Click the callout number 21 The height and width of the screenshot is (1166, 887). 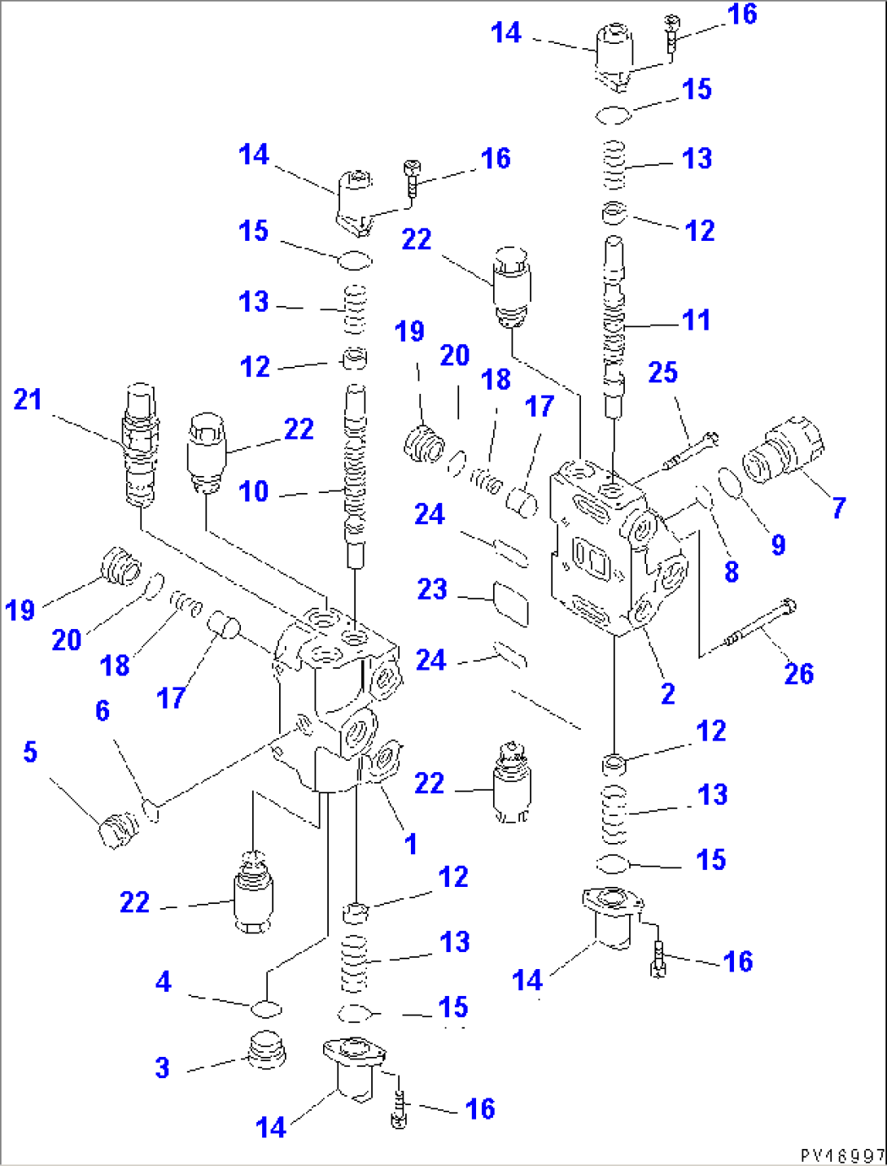[x=27, y=400]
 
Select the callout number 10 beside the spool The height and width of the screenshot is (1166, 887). [x=253, y=491]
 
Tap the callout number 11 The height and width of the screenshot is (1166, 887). [x=696, y=320]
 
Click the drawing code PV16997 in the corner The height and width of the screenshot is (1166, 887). [x=842, y=1155]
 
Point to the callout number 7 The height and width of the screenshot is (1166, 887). [x=839, y=509]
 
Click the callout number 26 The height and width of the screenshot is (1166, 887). [x=798, y=674]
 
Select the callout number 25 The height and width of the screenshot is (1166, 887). [x=662, y=373]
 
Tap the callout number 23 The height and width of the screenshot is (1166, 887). [x=432, y=589]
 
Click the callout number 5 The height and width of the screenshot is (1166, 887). [x=30, y=752]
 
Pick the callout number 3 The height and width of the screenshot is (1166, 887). [x=162, y=1068]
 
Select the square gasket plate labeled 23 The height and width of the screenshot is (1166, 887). [x=511, y=603]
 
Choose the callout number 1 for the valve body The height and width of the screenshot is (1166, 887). [x=410, y=844]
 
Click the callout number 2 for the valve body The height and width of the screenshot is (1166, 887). [x=667, y=694]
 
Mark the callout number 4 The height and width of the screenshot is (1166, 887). [x=164, y=981]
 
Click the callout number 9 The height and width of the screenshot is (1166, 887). [x=778, y=544]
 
